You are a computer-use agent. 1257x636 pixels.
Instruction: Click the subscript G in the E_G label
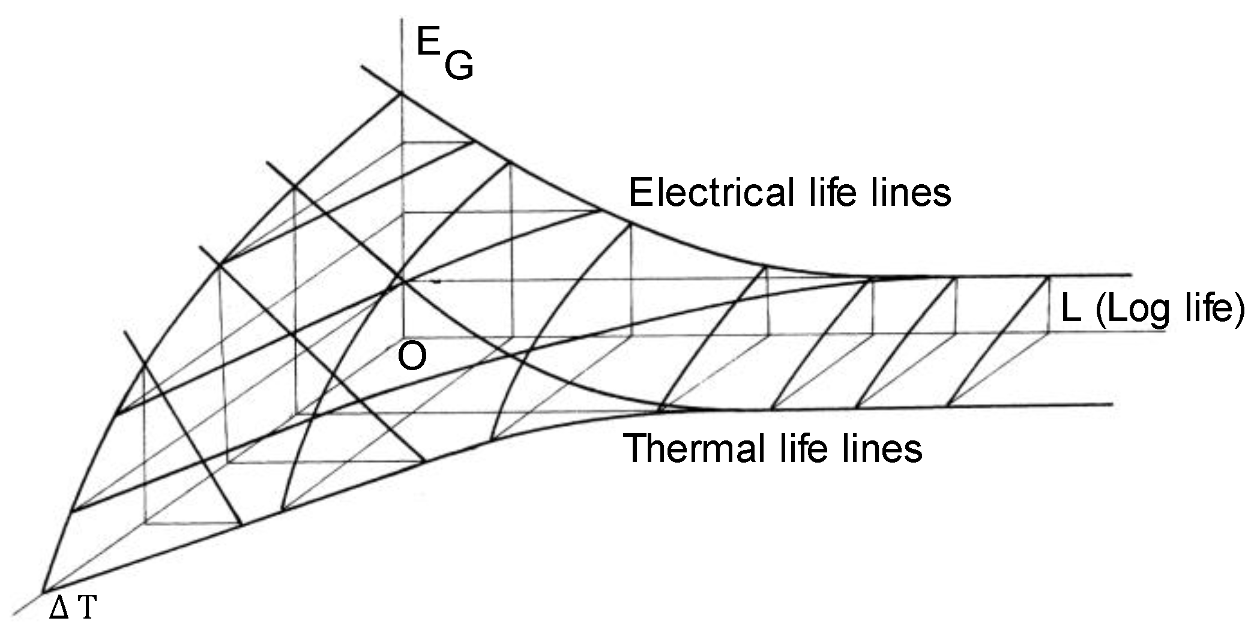pos(459,66)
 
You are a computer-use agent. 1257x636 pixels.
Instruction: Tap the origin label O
pos(412,358)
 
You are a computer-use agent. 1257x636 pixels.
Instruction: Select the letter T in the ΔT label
pos(86,608)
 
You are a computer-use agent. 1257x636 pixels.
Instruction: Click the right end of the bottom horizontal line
pos(1111,404)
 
